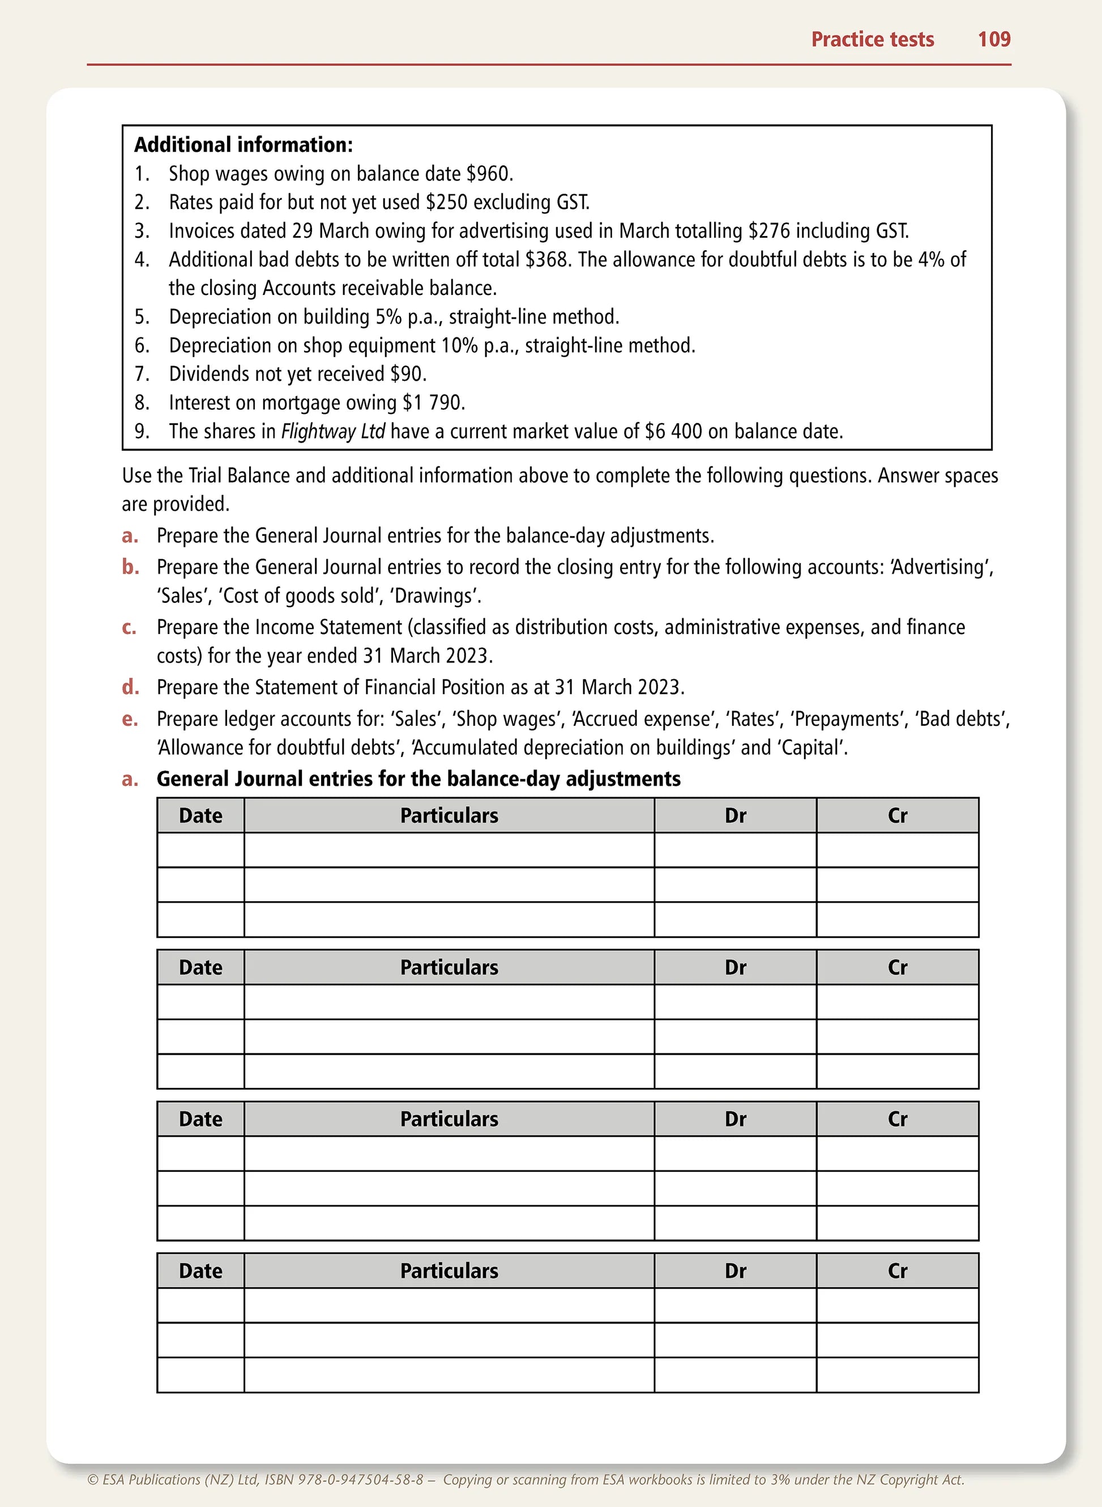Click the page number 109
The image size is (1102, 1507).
(x=993, y=39)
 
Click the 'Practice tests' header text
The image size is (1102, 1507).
(x=872, y=39)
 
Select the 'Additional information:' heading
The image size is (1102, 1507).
(x=244, y=145)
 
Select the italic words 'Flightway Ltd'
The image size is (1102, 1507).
(x=333, y=431)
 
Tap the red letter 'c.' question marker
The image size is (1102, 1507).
(x=130, y=627)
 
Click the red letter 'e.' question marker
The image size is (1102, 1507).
(x=130, y=719)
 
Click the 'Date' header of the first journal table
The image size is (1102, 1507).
(x=201, y=816)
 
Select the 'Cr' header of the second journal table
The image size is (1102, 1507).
(x=897, y=967)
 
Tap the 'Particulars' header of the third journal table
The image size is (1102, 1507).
(x=449, y=1119)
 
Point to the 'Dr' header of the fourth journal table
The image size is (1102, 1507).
(x=735, y=1271)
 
